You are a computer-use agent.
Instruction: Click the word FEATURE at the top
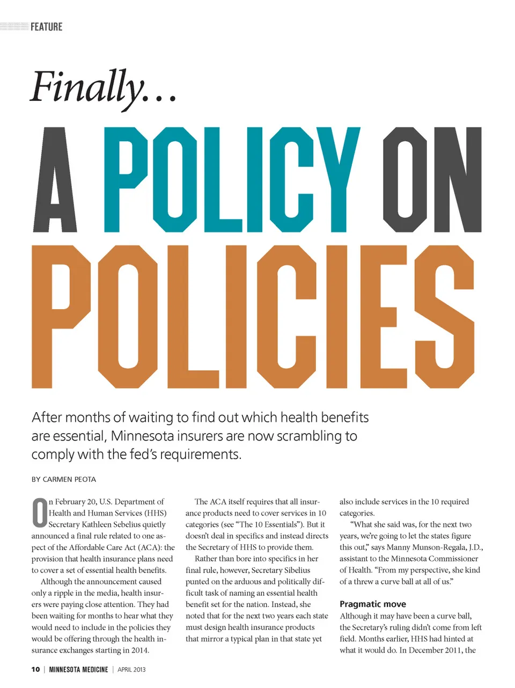pos(47,27)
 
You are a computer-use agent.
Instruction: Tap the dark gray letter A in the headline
pos(56,180)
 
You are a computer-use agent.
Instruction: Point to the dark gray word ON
pos(432,180)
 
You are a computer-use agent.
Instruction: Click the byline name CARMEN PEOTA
pos(69,479)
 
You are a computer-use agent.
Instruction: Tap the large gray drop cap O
pos(40,513)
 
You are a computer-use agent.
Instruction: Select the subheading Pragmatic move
pos(373,604)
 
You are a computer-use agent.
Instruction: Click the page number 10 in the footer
pos(35,669)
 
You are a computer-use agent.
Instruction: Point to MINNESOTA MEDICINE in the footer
pos(78,669)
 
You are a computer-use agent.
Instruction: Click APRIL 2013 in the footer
pos(131,669)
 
